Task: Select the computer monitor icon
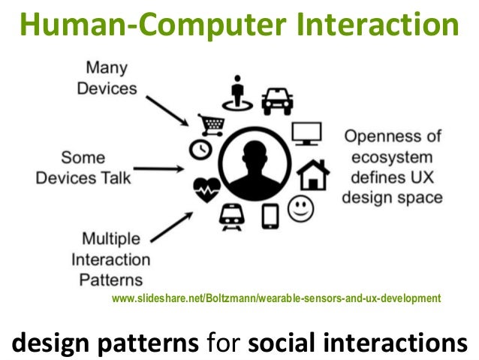click(x=306, y=134)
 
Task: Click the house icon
click(x=313, y=174)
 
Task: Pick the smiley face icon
click(x=302, y=207)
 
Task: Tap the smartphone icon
click(x=270, y=216)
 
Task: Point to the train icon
click(x=231, y=216)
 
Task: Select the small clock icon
click(x=200, y=150)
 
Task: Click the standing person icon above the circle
click(x=239, y=91)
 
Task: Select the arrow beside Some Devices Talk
click(x=166, y=168)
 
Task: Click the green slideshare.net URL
click(x=276, y=298)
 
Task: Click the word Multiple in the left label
click(x=110, y=240)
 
